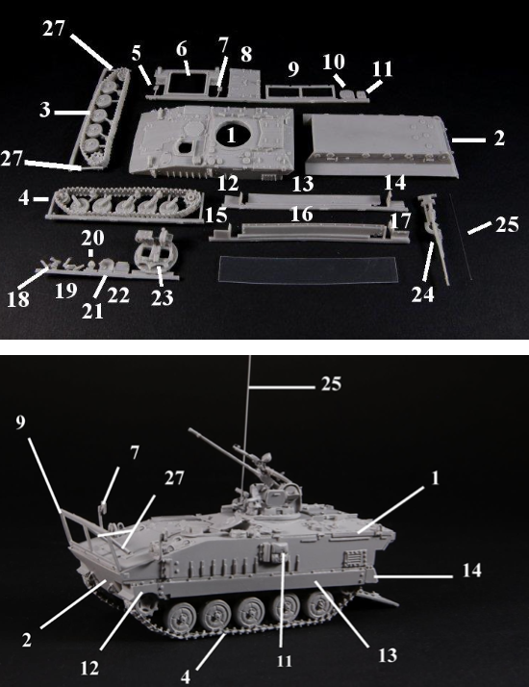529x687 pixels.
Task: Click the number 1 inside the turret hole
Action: pos(231,136)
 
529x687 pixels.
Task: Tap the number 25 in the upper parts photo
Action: pos(507,224)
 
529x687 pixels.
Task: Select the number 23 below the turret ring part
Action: pos(162,298)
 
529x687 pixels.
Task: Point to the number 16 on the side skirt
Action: pos(302,215)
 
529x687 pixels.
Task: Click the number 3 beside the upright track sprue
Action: pos(44,110)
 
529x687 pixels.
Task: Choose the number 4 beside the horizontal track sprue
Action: pos(24,197)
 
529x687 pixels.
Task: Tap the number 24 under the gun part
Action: pos(422,294)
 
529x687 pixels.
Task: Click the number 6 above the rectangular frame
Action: pos(182,49)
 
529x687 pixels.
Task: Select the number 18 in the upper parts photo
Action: pos(18,299)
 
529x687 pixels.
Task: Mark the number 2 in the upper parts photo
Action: pos(499,138)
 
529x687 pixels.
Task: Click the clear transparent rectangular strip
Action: pos(307,269)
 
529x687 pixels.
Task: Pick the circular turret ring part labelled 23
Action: pos(156,253)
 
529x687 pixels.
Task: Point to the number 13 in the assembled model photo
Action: pos(388,655)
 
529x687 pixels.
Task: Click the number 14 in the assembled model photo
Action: pos(471,571)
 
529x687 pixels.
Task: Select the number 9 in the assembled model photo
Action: pos(20,422)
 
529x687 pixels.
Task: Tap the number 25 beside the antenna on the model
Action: pos(331,384)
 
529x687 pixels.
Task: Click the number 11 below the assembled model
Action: pos(284,661)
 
